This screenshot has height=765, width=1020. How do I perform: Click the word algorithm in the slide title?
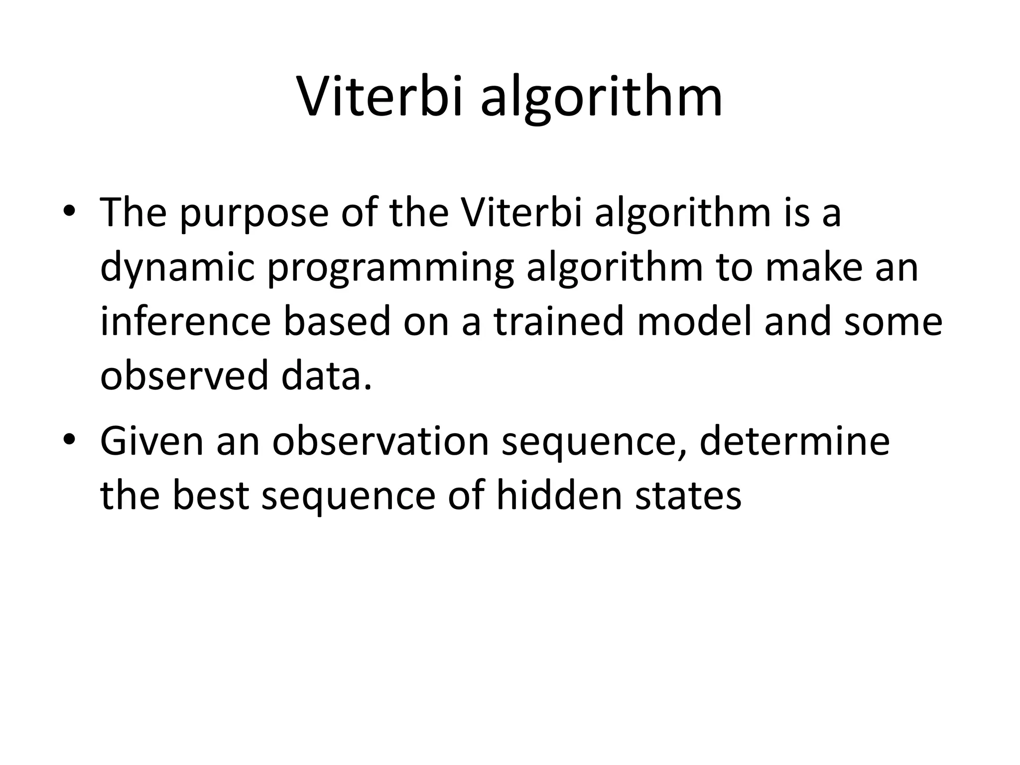(x=601, y=100)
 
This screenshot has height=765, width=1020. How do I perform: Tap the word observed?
(x=184, y=376)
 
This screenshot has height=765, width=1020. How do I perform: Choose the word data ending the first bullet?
(x=326, y=376)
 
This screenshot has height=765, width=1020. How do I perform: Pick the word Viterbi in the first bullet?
(x=522, y=213)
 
